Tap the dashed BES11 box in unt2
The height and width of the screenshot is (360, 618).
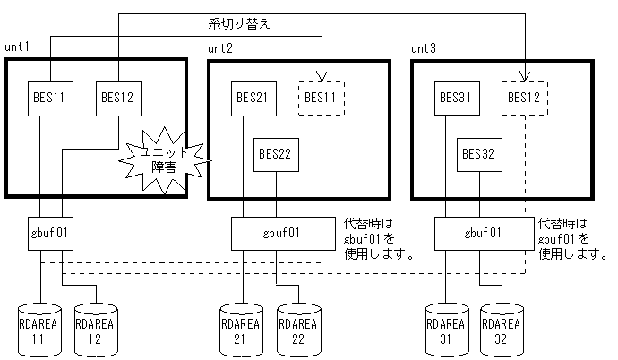tap(321, 97)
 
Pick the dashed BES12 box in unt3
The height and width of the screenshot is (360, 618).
tap(524, 97)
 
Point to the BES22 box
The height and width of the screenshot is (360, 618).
tap(276, 154)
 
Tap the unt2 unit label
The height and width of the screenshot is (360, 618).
tap(219, 47)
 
